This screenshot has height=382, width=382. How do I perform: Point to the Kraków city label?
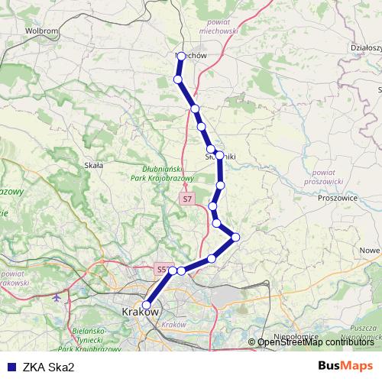[140, 312]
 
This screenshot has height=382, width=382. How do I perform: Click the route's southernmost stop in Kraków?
[147, 305]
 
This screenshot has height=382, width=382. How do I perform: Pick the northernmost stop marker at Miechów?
[181, 56]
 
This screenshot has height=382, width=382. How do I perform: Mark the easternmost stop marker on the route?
[235, 238]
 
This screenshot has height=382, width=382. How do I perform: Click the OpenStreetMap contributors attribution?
[316, 342]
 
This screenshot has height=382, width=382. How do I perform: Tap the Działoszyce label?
[365, 47]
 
